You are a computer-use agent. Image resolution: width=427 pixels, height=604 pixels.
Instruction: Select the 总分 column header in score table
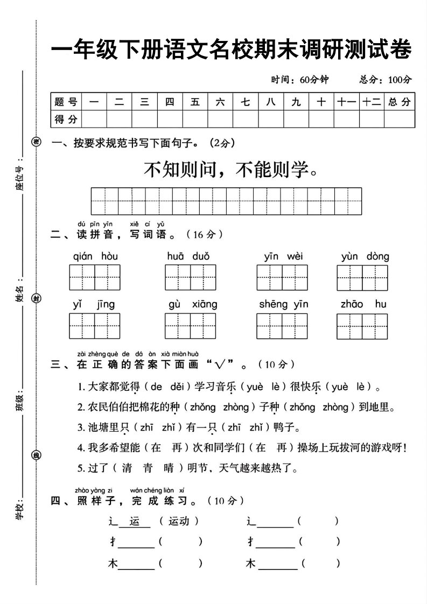point(399,102)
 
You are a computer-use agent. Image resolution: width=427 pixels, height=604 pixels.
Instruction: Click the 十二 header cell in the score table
point(372,102)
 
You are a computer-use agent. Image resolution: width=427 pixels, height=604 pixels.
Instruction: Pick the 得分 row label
point(66,119)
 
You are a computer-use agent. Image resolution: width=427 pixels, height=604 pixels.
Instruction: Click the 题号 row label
point(66,102)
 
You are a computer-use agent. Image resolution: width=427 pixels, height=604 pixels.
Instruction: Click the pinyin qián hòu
point(95,257)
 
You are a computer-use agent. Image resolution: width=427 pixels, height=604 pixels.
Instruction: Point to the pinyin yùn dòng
point(365,257)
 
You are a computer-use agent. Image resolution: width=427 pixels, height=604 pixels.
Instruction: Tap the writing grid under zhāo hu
point(362,327)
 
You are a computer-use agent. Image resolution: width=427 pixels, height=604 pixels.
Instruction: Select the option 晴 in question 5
point(169,468)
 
